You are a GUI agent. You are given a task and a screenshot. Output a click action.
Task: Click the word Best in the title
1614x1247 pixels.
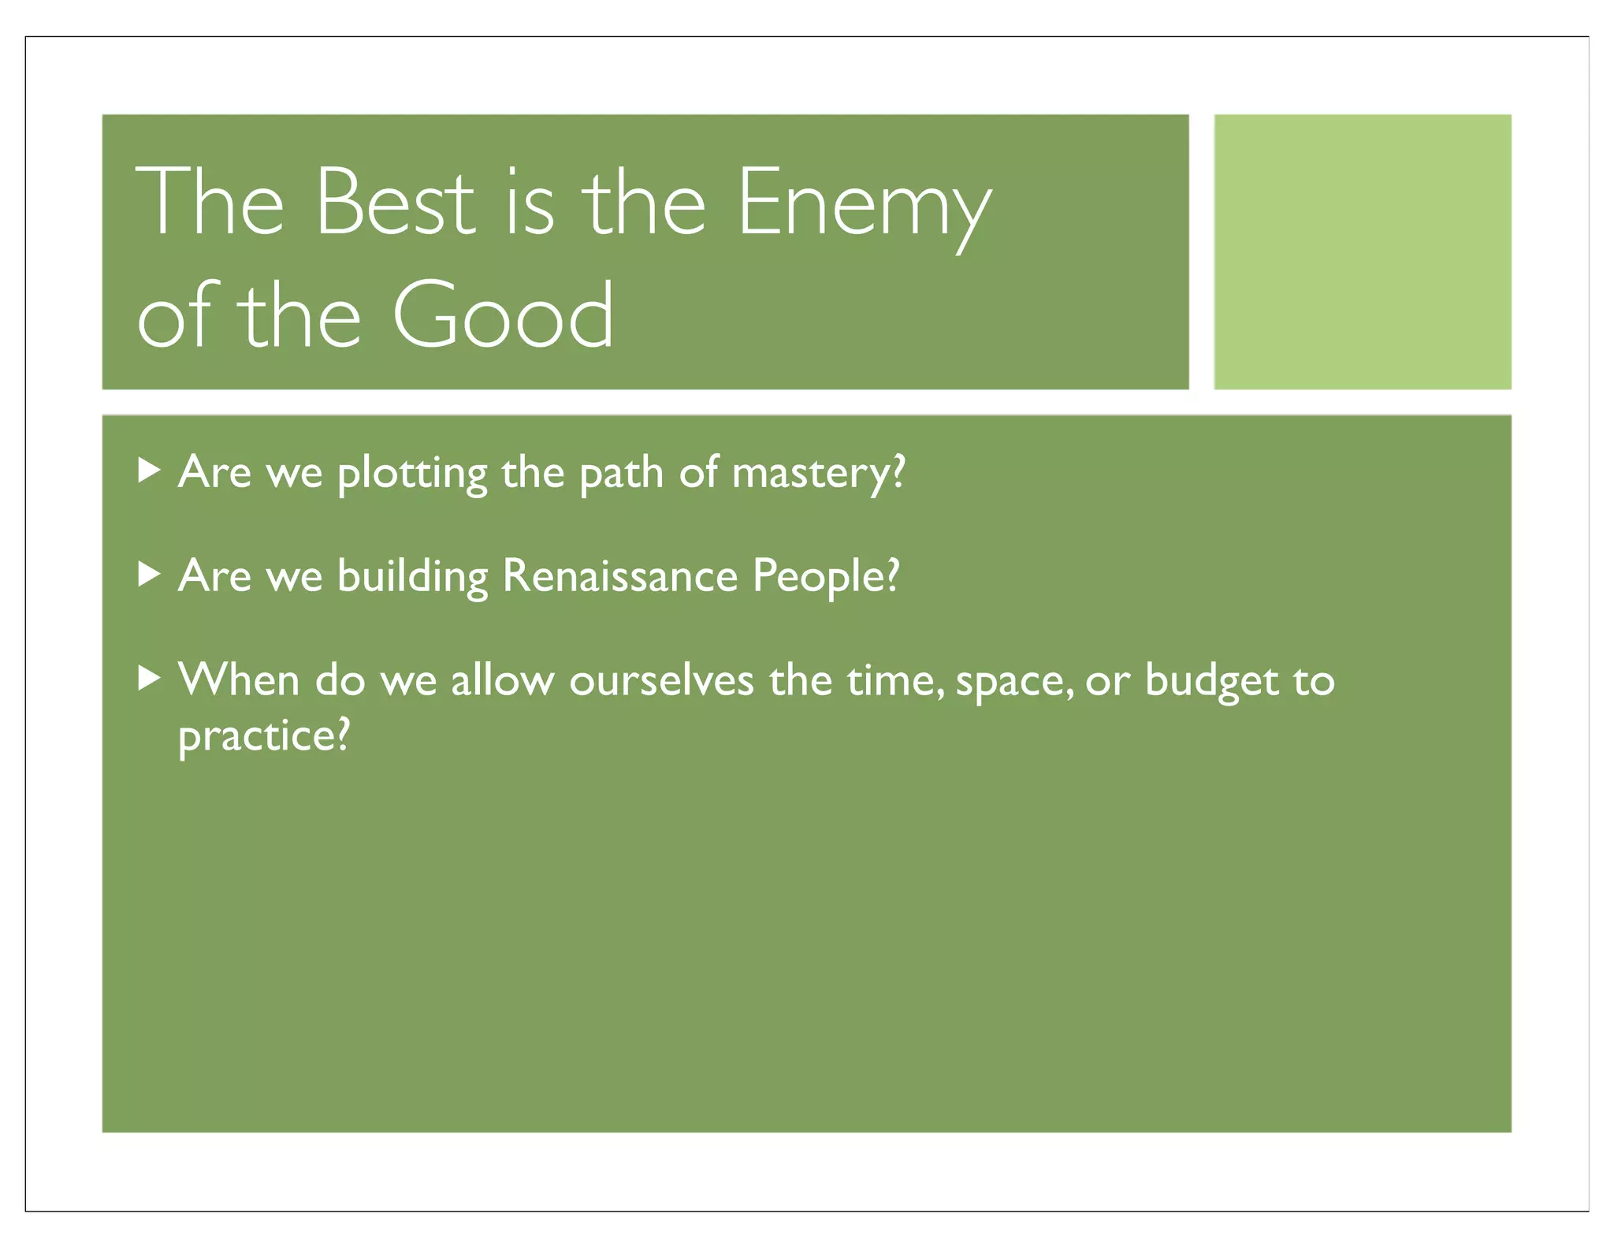[395, 202]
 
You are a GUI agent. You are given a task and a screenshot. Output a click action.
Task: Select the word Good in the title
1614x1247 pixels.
[503, 315]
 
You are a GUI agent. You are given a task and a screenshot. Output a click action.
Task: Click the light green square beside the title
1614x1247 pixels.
[1362, 251]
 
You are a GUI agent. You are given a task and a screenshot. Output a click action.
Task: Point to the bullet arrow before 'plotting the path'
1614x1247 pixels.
[149, 471]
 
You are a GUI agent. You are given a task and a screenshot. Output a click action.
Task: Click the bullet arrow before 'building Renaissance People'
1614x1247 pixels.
[149, 575]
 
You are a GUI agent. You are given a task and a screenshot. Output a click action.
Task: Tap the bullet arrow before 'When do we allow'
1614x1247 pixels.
[149, 678]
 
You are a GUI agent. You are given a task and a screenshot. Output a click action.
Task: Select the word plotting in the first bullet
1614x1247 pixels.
[412, 474]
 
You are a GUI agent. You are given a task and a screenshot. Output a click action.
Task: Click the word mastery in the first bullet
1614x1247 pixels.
[818, 474]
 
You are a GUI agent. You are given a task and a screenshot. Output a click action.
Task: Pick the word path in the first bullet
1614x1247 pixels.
[621, 474]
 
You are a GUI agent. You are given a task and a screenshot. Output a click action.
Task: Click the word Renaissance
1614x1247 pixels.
[619, 575]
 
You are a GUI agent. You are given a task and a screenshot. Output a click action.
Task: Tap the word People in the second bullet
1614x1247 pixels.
[825, 577]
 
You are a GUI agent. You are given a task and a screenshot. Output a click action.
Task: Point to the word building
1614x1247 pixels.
[412, 577]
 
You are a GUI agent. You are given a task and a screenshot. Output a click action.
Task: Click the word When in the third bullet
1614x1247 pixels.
[239, 679]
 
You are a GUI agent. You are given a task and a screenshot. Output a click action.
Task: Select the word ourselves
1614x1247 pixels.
[661, 680]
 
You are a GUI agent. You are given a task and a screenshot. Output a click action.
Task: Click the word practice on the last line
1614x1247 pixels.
[263, 737]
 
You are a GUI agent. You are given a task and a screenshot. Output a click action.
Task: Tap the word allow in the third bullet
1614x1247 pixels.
[502, 679]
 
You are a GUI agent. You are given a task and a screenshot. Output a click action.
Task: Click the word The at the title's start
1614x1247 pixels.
[210, 202]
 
